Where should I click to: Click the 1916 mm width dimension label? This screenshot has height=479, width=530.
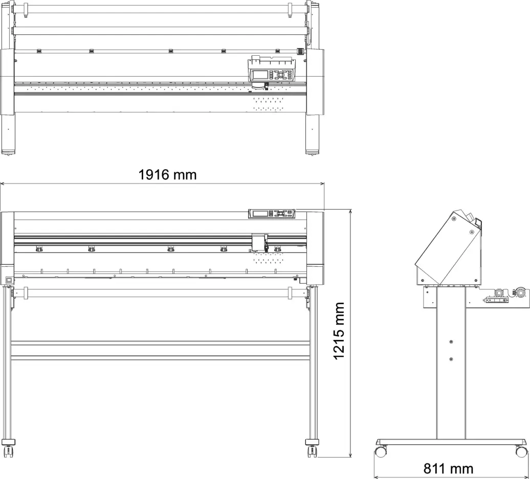coord(167,175)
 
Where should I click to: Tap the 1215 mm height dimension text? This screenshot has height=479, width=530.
coord(339,331)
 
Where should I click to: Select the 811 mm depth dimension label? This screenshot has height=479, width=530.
coord(448,469)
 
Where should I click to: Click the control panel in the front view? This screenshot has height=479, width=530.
coord(272,214)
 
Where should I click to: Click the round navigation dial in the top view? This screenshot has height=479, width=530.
coord(280,74)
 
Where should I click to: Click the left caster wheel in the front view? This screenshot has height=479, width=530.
coord(8,451)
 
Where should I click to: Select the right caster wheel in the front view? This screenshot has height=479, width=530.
coord(312,451)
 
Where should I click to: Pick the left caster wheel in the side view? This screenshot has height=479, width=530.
coord(381,451)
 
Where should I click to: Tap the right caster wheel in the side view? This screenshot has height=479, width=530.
coord(521,451)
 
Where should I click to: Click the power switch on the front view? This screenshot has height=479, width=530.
coord(9,280)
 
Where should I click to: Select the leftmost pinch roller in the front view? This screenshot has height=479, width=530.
coord(38,249)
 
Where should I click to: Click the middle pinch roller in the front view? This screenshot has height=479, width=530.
coord(170,249)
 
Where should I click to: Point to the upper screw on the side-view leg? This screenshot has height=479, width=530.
coord(451,342)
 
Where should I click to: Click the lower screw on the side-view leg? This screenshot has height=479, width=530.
coord(451,359)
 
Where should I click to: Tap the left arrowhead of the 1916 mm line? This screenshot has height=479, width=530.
coord(2,184)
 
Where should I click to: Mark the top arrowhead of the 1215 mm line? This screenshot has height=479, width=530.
coord(351,211)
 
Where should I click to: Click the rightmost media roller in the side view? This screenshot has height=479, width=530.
coord(520,292)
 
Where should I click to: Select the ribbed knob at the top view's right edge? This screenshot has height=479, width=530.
coord(299,51)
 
